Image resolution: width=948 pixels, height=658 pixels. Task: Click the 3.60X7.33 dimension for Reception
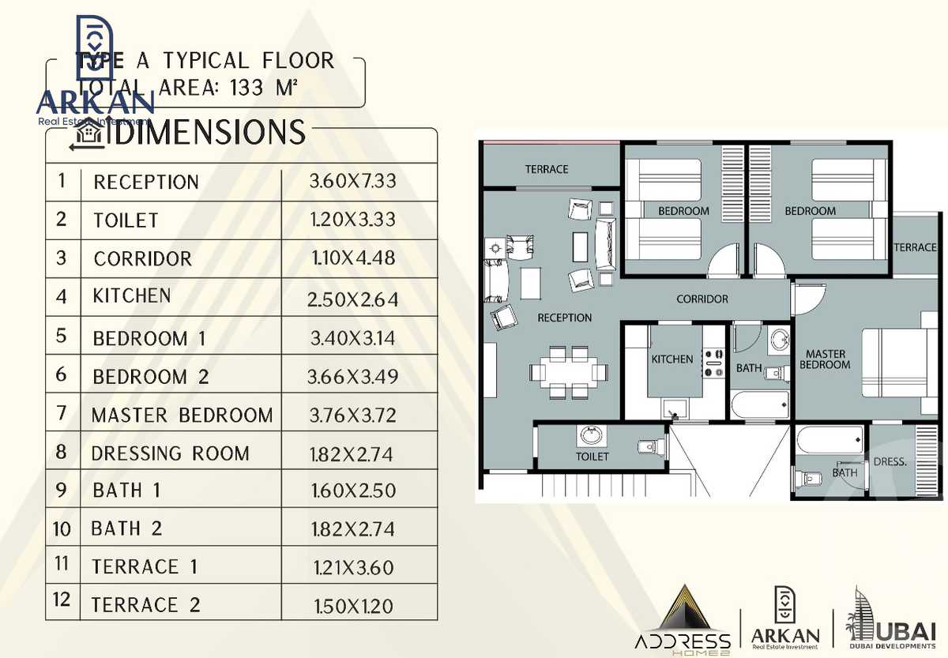click(352, 182)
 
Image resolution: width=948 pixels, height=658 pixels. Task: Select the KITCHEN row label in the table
click(132, 296)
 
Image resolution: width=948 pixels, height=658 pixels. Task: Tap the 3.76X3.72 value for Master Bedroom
click(352, 415)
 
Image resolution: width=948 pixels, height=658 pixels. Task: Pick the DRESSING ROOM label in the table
click(171, 453)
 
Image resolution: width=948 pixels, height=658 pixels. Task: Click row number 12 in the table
click(62, 600)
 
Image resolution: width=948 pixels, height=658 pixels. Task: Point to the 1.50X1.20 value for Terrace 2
click(352, 606)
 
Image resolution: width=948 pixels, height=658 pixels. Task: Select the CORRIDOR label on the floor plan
click(702, 299)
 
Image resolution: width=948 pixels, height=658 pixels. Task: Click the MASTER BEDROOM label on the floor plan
click(825, 359)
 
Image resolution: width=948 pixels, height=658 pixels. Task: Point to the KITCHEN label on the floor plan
click(671, 359)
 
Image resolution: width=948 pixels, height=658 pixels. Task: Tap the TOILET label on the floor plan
click(592, 457)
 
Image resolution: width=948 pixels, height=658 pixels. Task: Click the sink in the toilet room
click(588, 434)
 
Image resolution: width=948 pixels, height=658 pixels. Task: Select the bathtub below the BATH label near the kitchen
click(759, 404)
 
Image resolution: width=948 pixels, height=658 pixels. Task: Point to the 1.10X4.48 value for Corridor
click(352, 258)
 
